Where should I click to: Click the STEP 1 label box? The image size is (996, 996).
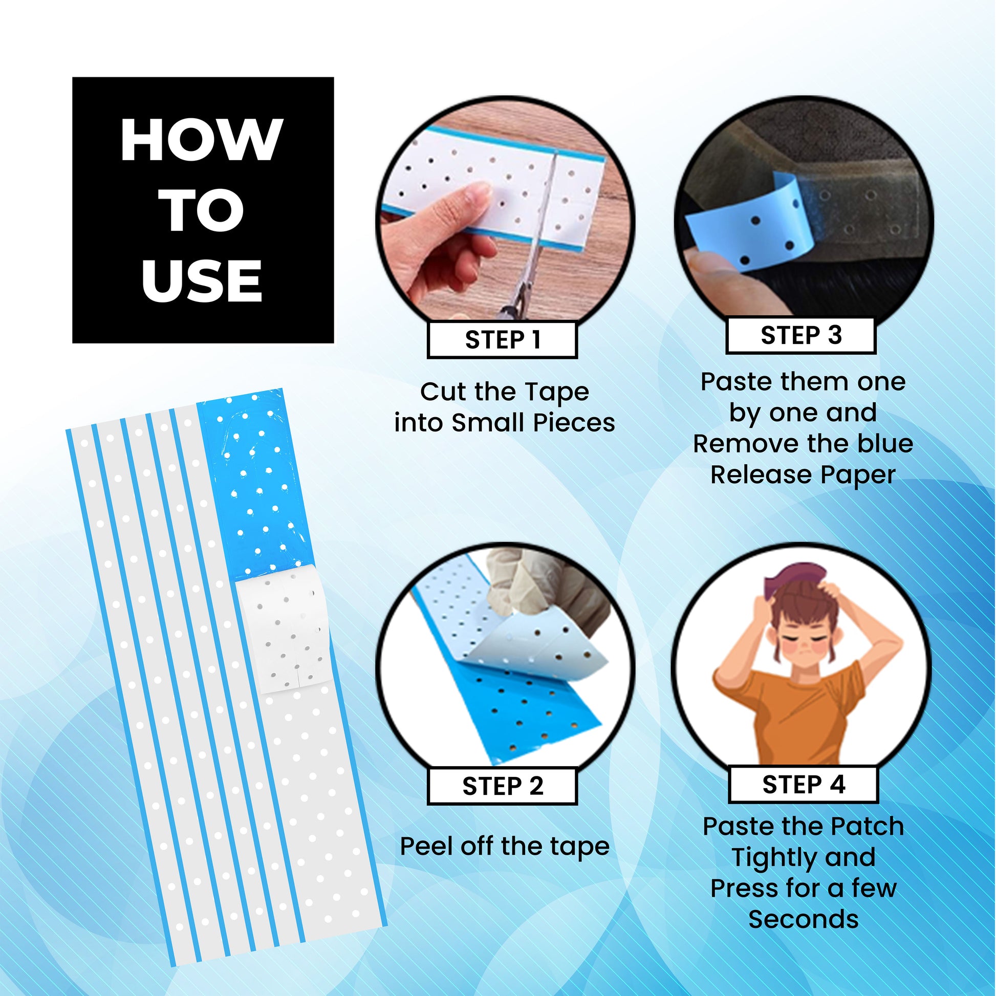tap(502, 340)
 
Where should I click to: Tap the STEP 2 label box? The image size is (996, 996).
tap(502, 786)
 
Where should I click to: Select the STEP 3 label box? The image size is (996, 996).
tap(801, 335)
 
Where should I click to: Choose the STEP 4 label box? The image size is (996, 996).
tap(803, 784)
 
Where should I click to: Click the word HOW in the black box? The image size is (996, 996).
tap(202, 140)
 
